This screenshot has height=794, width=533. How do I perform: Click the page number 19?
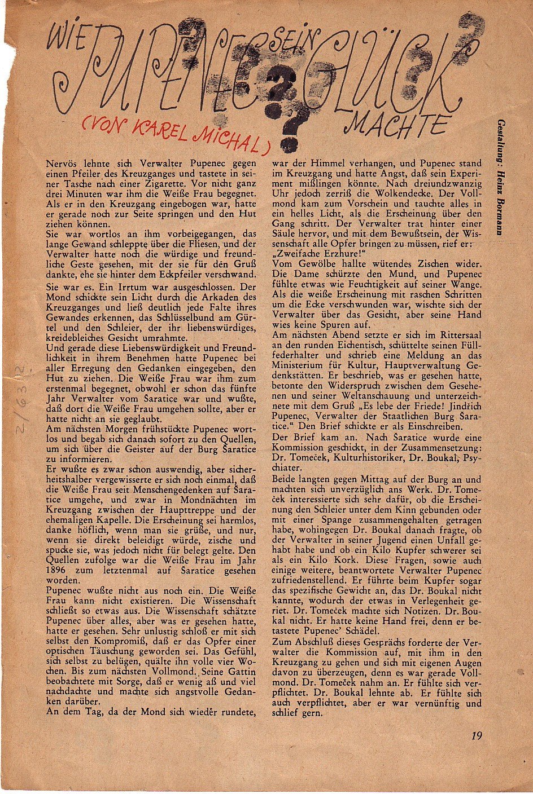pyautogui.click(x=477, y=735)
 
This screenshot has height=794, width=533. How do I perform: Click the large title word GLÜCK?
pyautogui.click(x=390, y=70)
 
